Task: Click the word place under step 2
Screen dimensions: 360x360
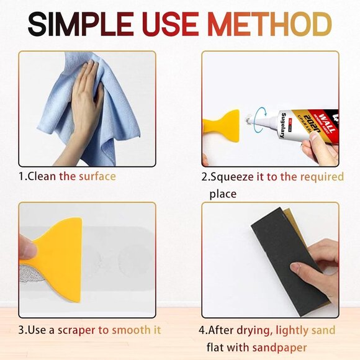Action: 223,194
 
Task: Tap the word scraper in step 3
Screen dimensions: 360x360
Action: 92,330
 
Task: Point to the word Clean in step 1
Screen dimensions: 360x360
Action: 43,176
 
